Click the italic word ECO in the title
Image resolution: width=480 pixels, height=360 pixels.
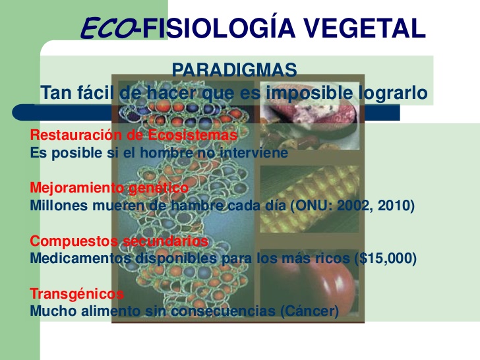point(107,28)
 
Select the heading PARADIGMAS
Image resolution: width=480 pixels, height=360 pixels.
point(234,70)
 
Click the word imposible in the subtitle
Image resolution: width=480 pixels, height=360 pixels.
point(309,93)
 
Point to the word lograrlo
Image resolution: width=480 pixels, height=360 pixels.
point(393,93)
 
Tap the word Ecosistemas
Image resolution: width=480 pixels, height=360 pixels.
point(193,135)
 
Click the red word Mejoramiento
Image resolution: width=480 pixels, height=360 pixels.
point(77,187)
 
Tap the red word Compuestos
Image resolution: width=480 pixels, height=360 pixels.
point(74,241)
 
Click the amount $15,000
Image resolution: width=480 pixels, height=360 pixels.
point(386,258)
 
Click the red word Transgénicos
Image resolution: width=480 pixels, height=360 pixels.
point(77,294)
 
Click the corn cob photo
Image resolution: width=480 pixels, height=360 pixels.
point(309,199)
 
